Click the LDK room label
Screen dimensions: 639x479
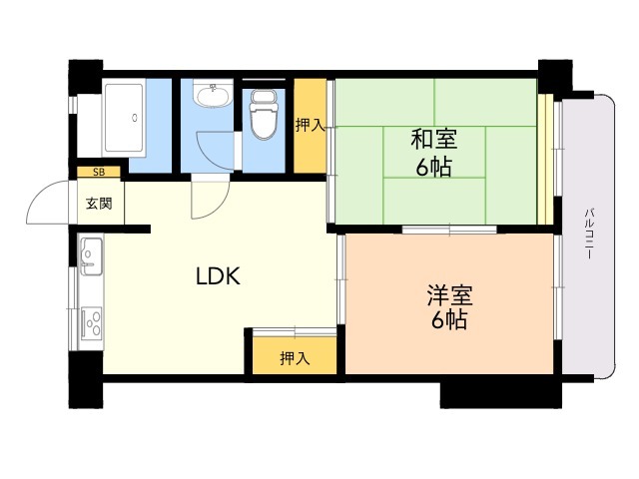(x=218, y=275)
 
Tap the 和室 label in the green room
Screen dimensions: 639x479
(x=434, y=139)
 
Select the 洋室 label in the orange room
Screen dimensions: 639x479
(x=449, y=295)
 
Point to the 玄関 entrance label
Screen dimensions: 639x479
(x=99, y=203)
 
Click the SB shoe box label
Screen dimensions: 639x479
(x=99, y=172)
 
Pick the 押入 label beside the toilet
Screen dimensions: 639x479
(x=311, y=125)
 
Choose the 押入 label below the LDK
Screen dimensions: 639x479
(x=295, y=358)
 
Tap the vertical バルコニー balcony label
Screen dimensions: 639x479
(x=589, y=234)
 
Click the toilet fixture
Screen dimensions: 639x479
(x=264, y=114)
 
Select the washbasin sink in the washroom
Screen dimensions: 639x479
(x=212, y=95)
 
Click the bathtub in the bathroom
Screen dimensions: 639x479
(x=124, y=118)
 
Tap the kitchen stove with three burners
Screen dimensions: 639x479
(x=91, y=323)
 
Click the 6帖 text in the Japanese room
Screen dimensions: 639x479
(x=434, y=167)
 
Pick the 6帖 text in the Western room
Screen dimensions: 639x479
(x=449, y=319)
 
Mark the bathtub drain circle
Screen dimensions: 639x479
(x=135, y=118)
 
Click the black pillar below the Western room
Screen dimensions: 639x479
(x=501, y=394)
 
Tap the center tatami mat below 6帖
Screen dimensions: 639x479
(x=434, y=201)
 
